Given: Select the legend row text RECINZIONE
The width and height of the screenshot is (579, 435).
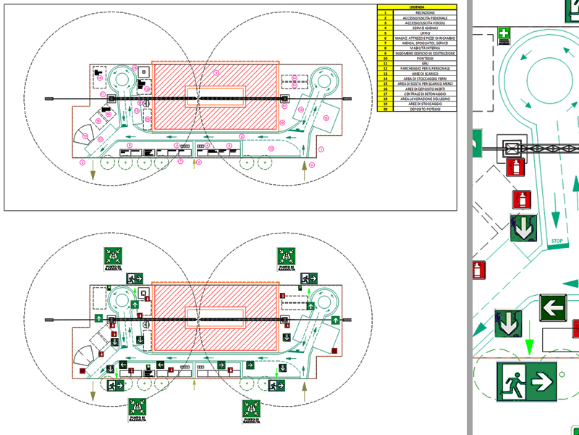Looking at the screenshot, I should [420, 12].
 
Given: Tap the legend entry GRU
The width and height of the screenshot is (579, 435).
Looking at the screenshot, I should [420, 63].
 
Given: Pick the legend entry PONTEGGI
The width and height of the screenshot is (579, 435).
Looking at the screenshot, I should [420, 58].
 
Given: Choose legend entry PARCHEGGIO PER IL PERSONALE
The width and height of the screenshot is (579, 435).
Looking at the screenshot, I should [420, 68].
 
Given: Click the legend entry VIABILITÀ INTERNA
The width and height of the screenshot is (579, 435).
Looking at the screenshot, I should [420, 48].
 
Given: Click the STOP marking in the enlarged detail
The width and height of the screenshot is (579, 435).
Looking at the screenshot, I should [557, 241].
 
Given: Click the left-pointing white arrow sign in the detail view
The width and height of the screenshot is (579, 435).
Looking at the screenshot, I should [553, 307].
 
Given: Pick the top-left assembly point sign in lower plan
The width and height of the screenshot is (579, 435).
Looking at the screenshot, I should [112, 257].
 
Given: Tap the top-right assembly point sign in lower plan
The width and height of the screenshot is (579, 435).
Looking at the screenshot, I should [287, 257].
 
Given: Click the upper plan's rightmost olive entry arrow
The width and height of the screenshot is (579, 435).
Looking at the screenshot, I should [304, 171].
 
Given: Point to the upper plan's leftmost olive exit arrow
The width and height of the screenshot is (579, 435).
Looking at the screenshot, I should [93, 171].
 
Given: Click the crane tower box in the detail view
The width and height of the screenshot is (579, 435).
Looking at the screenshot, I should [512, 147].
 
